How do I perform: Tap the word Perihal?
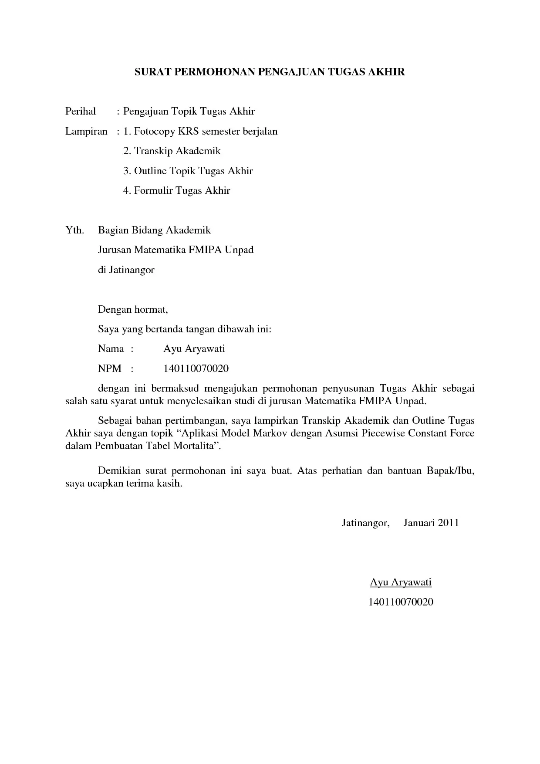coord(81,112)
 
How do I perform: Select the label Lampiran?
coord(86,132)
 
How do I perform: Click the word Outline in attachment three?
coord(150,171)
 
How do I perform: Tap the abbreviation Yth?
coord(74,230)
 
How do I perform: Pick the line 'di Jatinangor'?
coord(126,270)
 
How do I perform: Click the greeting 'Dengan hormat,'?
coord(133,310)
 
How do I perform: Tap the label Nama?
coord(111,349)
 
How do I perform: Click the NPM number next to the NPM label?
coord(196,369)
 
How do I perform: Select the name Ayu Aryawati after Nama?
coord(194,349)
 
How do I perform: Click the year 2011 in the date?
coord(449,523)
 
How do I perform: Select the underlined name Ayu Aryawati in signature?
coord(401,582)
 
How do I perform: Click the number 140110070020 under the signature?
coord(401,602)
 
